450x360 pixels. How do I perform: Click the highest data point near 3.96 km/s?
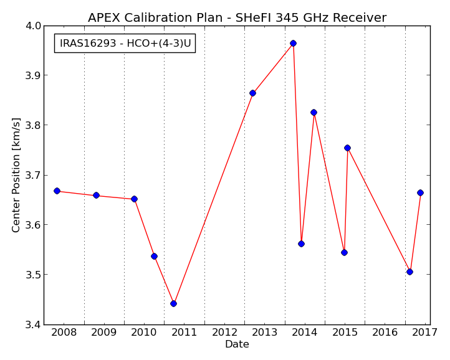coord(293,44)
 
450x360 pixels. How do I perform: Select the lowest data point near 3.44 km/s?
coord(173,303)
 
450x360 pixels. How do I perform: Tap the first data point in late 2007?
coord(57,191)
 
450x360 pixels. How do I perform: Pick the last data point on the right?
coord(420,192)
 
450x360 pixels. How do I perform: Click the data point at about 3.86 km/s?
coord(252,93)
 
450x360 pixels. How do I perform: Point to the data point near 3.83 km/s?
coord(314,112)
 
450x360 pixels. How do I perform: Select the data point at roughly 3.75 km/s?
coord(347,148)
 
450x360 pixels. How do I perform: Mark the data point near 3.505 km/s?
coord(410,272)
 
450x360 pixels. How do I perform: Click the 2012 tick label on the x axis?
coord(224,333)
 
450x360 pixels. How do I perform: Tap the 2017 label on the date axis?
coord(424,333)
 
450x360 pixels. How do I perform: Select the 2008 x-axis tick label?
coord(64,333)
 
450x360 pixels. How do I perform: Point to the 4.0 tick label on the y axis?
coord(33,26)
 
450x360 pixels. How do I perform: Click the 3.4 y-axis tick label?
coord(33,324)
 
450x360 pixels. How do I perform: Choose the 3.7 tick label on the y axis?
coord(33,175)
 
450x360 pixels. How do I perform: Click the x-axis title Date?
coord(237,344)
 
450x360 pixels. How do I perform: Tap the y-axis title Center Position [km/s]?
coord(16,175)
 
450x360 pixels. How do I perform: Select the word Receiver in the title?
coord(360,18)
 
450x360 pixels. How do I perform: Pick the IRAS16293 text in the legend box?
coord(88,44)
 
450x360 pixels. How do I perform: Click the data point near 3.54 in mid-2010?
coord(154,256)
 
